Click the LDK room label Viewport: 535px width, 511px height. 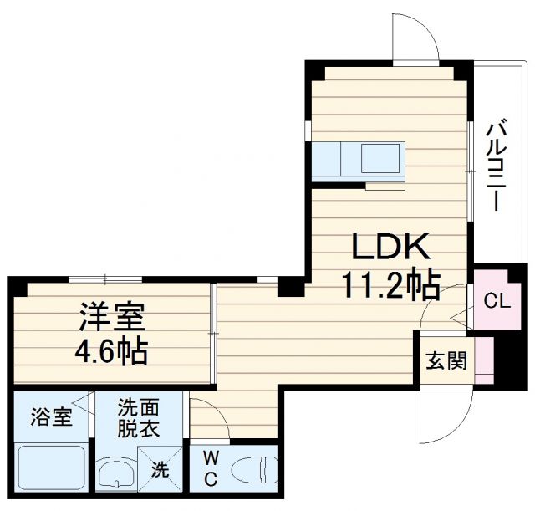point(390,247)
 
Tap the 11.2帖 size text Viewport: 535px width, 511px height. point(390,286)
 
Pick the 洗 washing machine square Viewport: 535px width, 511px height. point(159,470)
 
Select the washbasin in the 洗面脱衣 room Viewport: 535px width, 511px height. point(115,474)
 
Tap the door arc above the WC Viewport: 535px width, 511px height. point(211,417)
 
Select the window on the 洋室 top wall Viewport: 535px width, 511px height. point(104,279)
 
